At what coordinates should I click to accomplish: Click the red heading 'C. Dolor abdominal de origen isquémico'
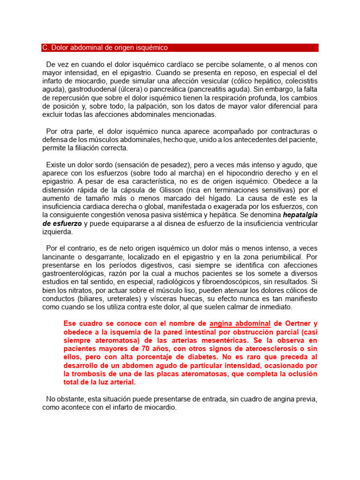[x=105, y=48]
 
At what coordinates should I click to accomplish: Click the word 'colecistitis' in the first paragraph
[x=299, y=81]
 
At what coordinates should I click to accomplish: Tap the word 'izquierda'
[x=57, y=232]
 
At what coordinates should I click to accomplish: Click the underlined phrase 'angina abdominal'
[x=240, y=323]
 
